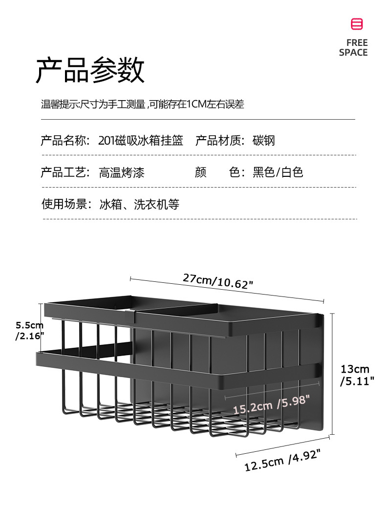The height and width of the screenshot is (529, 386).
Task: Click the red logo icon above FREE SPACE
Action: [357, 24]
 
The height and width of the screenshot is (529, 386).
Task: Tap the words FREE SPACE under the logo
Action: [353, 47]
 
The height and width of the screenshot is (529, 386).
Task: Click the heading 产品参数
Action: [90, 70]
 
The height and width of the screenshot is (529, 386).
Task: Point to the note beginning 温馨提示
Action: [142, 104]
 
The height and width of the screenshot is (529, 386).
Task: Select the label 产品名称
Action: [65, 141]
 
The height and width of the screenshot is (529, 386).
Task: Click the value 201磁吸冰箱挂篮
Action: [141, 141]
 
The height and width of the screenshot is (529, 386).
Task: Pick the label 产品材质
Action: [219, 141]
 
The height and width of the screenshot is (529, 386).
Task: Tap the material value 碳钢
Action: [264, 141]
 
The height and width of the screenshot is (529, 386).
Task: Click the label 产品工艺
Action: [65, 172]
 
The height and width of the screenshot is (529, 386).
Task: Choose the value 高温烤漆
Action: [122, 172]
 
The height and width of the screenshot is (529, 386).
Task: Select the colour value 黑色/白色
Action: [278, 172]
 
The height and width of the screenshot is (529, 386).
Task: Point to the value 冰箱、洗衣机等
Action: [139, 204]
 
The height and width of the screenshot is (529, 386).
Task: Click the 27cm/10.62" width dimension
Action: [218, 281]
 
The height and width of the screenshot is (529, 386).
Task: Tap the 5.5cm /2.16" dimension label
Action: [30, 330]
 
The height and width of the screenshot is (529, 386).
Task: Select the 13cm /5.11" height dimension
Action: [357, 375]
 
